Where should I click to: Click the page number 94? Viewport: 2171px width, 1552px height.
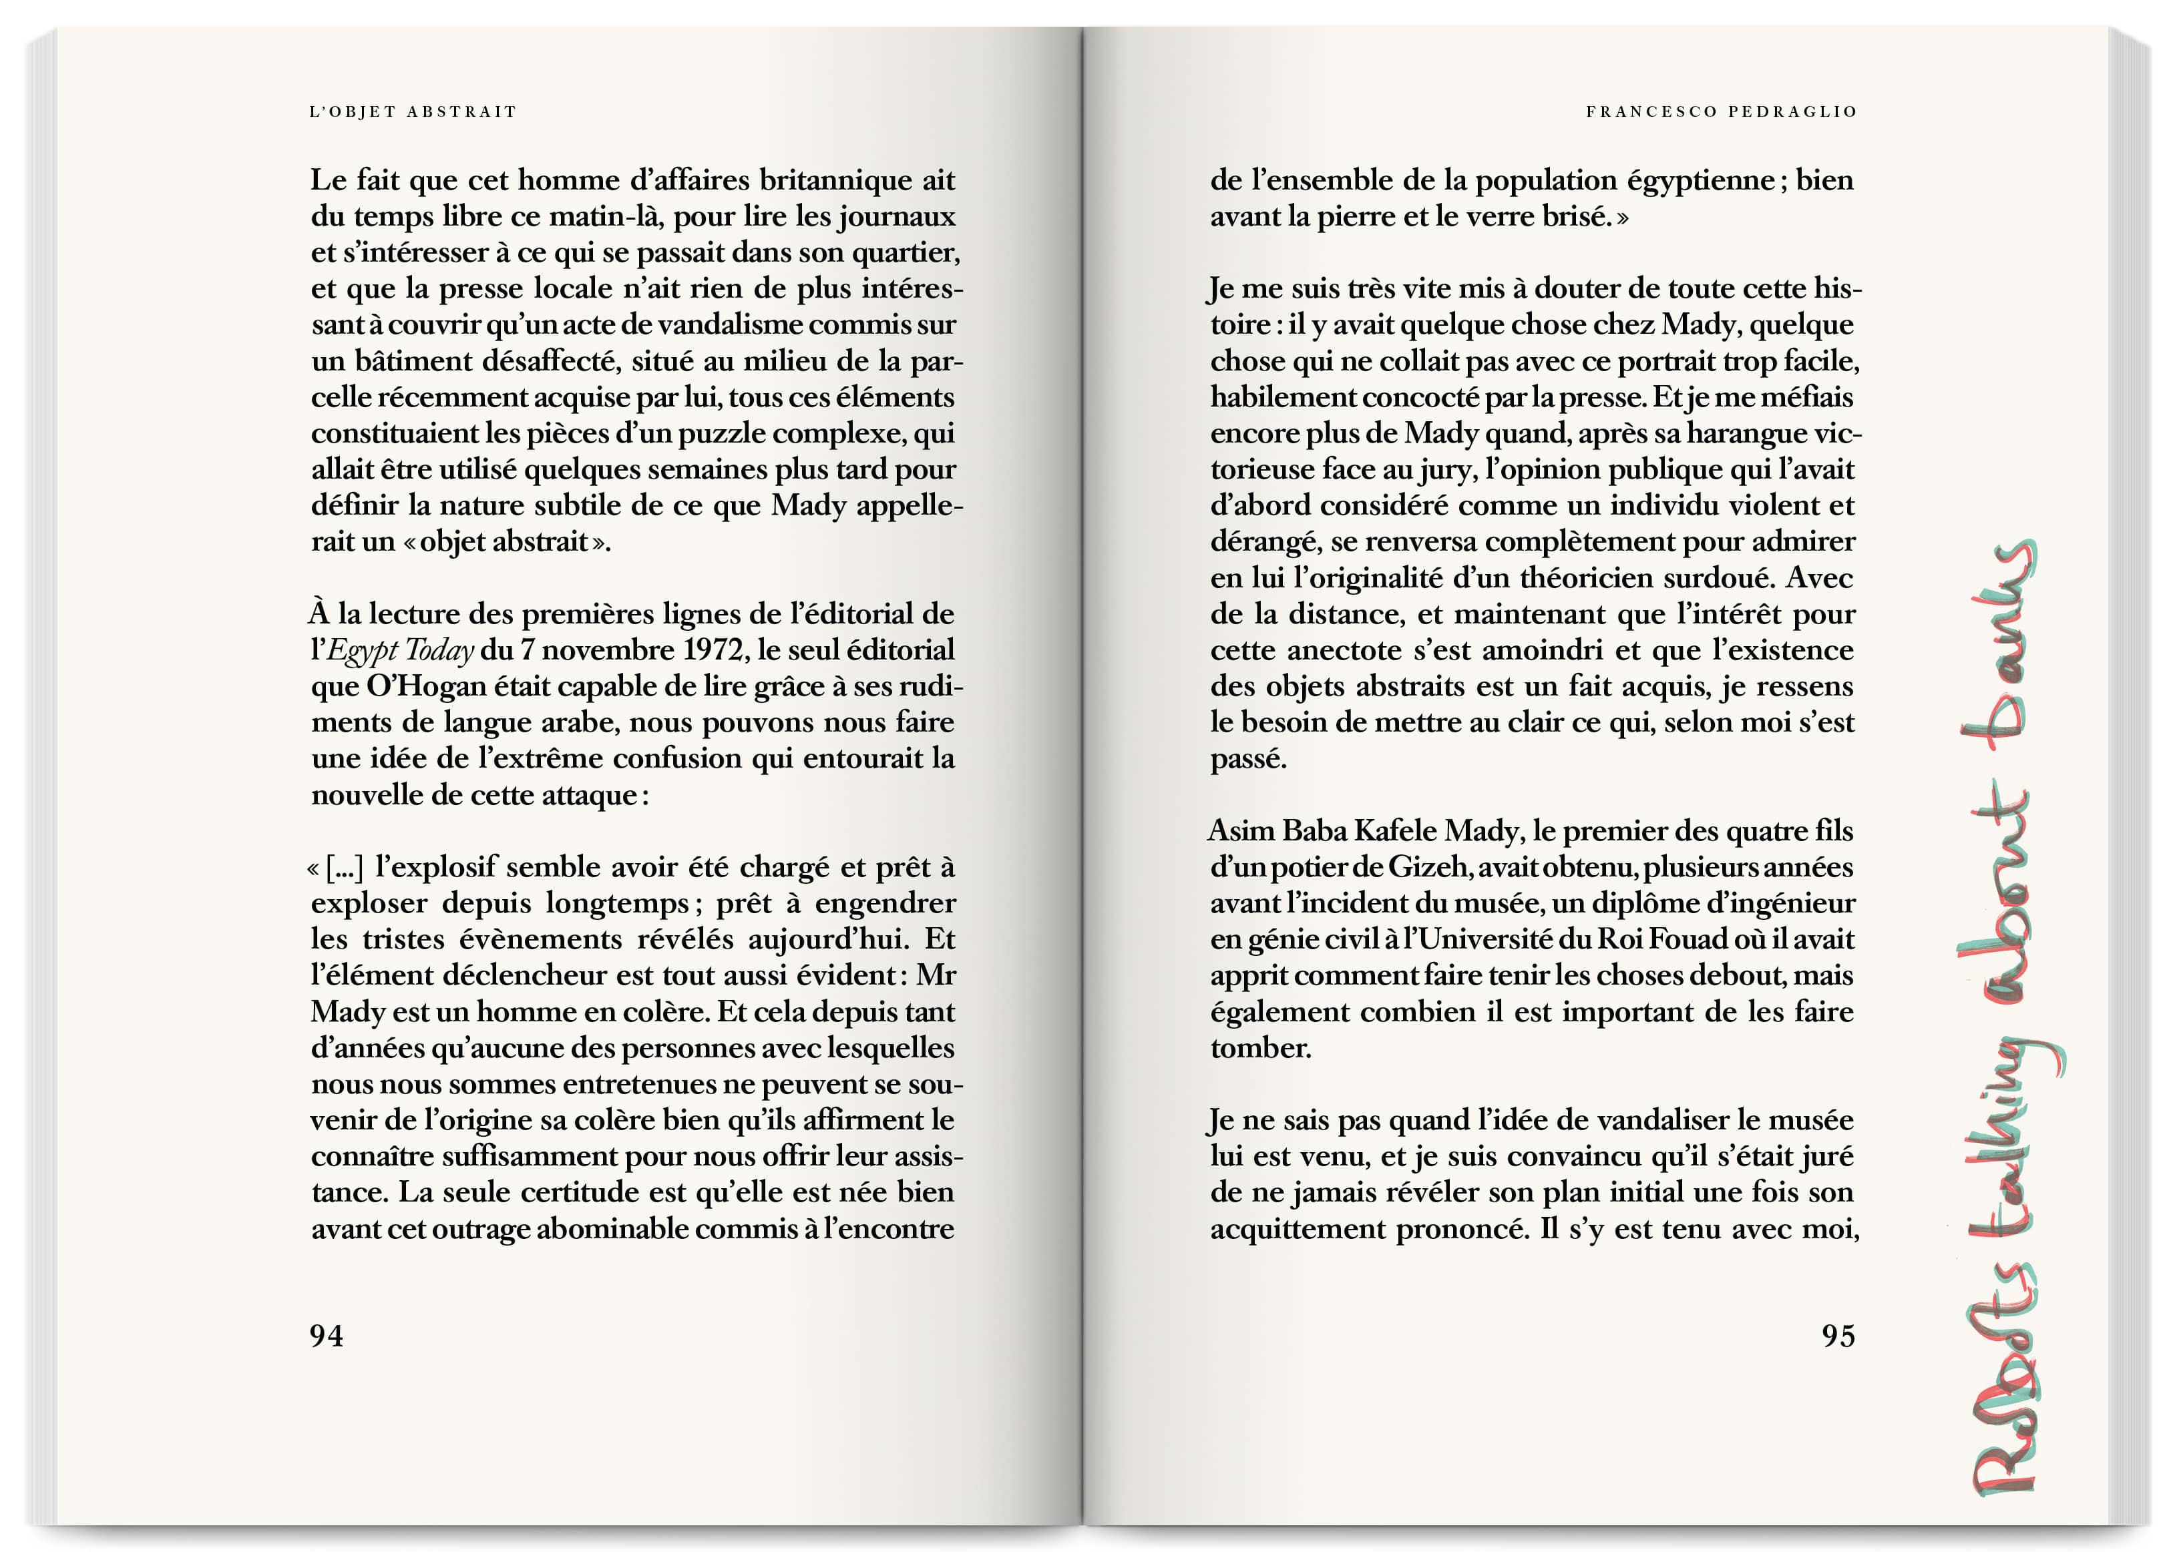tap(326, 1335)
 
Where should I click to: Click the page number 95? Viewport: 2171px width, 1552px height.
tap(1837, 1335)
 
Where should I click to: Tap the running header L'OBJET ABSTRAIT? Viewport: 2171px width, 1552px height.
tap(412, 112)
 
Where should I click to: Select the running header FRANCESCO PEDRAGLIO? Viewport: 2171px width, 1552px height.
tap(1721, 112)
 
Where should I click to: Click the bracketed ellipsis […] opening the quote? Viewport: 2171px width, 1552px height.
tap(344, 868)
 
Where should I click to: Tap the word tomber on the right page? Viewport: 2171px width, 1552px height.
tap(1260, 1049)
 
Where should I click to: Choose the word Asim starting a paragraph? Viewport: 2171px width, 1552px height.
tap(1241, 830)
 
